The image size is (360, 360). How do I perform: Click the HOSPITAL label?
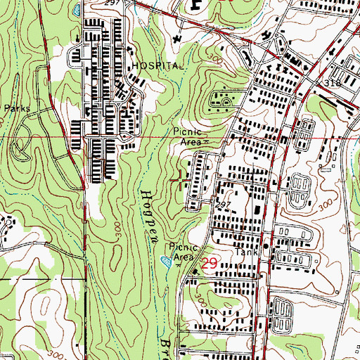[157, 65]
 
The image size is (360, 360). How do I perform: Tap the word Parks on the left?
[18, 109]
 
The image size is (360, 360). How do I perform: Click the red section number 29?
[210, 264]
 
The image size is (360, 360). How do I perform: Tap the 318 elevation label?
[332, 83]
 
